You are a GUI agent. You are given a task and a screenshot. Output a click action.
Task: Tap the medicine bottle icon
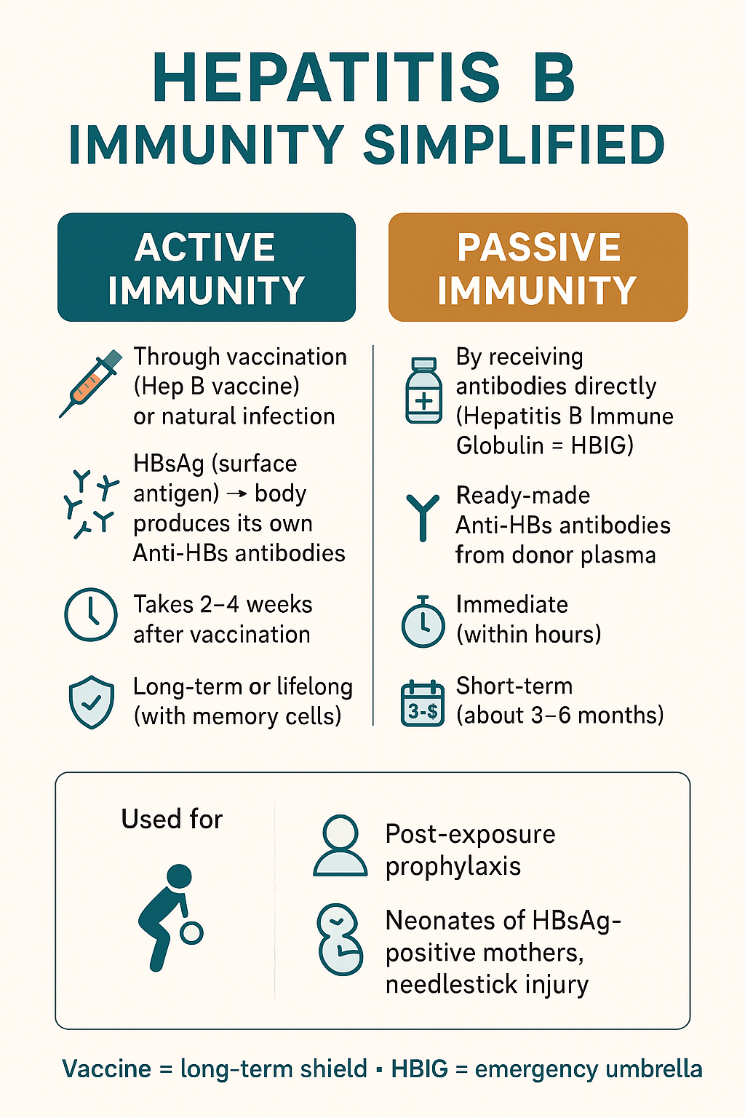click(423, 390)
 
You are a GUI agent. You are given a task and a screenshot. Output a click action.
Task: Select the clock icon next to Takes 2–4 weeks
click(91, 614)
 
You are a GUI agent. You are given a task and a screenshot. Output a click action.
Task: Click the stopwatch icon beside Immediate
click(423, 622)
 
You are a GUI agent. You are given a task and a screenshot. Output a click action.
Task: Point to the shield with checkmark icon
click(92, 702)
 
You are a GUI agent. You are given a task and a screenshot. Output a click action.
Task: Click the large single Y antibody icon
click(423, 518)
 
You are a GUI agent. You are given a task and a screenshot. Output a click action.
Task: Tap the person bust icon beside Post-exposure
click(340, 846)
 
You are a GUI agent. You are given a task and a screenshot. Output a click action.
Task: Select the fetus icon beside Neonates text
click(340, 940)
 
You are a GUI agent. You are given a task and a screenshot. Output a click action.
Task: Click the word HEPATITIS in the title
click(326, 77)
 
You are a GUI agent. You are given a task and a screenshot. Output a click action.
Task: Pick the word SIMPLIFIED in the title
click(514, 145)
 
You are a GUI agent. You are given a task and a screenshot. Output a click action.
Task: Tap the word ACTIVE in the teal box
click(204, 247)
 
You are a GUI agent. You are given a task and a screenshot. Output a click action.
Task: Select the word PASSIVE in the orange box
click(539, 247)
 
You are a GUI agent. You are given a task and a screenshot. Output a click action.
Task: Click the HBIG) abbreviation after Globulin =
click(602, 445)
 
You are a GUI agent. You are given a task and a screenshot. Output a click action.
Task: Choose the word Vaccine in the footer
click(106, 1069)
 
